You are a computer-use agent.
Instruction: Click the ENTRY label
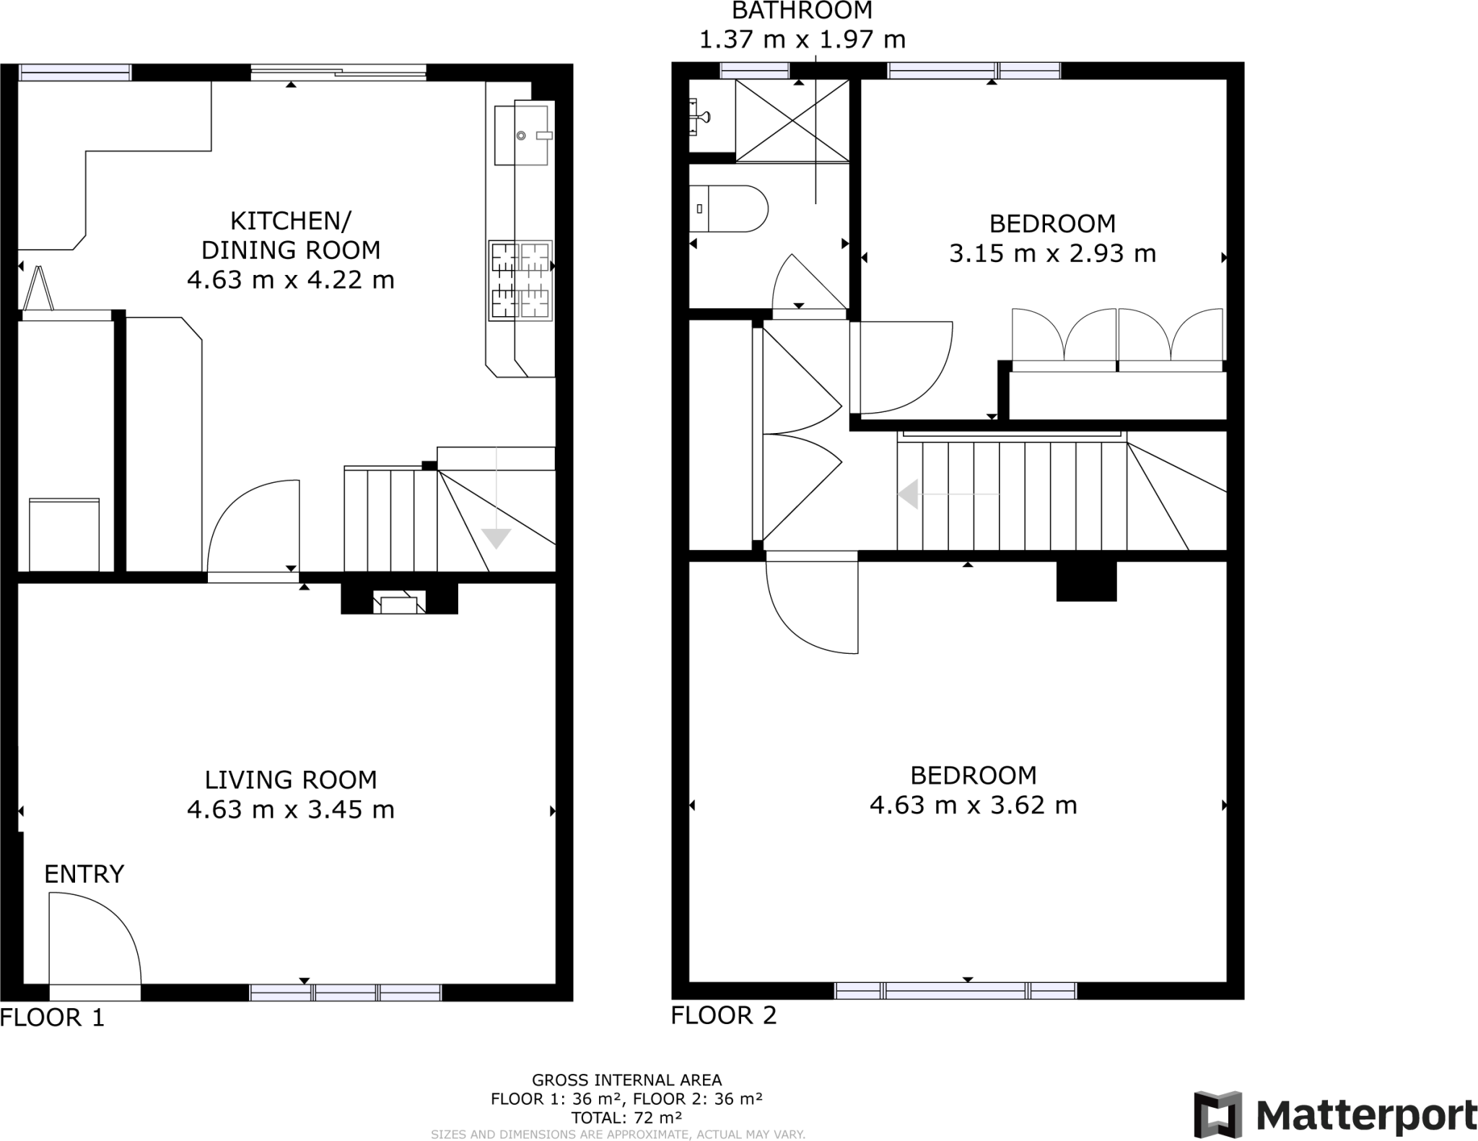pyautogui.click(x=84, y=874)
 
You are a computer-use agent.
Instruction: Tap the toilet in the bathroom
pyautogui.click(x=727, y=209)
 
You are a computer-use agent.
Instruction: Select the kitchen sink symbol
pyautogui.click(x=521, y=135)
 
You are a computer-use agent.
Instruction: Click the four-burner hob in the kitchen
pyautogui.click(x=520, y=281)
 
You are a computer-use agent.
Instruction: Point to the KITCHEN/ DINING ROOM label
pyautogui.click(x=290, y=235)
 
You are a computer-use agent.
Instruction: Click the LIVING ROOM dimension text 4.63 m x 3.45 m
pyautogui.click(x=290, y=810)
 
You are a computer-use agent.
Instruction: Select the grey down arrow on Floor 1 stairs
pyautogui.click(x=497, y=538)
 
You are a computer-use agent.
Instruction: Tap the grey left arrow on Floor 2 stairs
pyautogui.click(x=909, y=494)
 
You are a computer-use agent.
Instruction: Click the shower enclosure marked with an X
pyautogui.click(x=792, y=121)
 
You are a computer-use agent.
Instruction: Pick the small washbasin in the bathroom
pyautogui.click(x=699, y=117)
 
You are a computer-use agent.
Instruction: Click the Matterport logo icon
pyautogui.click(x=1217, y=1114)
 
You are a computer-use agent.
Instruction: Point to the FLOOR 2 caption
pyautogui.click(x=723, y=1015)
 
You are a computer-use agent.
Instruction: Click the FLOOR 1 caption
pyautogui.click(x=52, y=1018)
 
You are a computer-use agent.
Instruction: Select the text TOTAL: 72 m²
pyautogui.click(x=626, y=1118)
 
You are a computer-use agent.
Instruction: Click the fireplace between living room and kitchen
pyautogui.click(x=399, y=601)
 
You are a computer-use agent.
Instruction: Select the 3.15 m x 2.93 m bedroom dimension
pyautogui.click(x=1051, y=253)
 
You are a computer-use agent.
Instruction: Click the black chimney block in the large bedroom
pyautogui.click(x=1086, y=581)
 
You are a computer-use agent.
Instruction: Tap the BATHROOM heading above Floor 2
pyautogui.click(x=802, y=11)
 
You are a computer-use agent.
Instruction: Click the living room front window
pyautogui.click(x=346, y=992)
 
